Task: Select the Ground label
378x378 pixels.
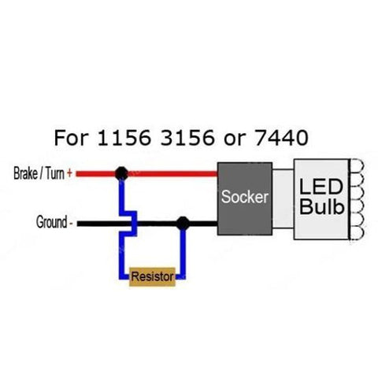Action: [52, 223]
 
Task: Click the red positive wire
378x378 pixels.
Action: [169, 172]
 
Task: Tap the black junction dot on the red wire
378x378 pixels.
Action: [121, 172]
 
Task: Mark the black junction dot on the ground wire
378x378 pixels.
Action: [183, 223]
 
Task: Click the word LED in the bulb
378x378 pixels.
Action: [321, 187]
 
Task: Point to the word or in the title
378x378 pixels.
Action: [233, 139]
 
